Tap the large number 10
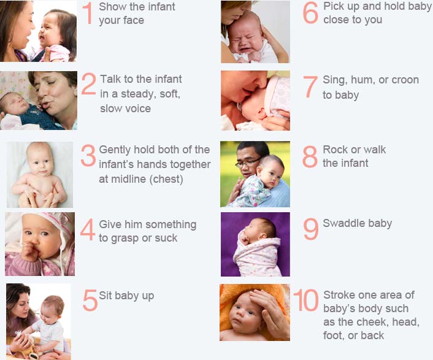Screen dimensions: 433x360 pos(305,300)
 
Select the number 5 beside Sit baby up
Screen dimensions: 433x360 pos(90,301)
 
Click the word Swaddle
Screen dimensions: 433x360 pos(341,223)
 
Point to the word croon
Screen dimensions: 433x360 pos(405,80)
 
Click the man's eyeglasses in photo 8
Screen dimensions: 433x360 pos(247,163)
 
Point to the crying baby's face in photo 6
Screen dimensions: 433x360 pos(245,39)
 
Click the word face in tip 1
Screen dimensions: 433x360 pos(133,20)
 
